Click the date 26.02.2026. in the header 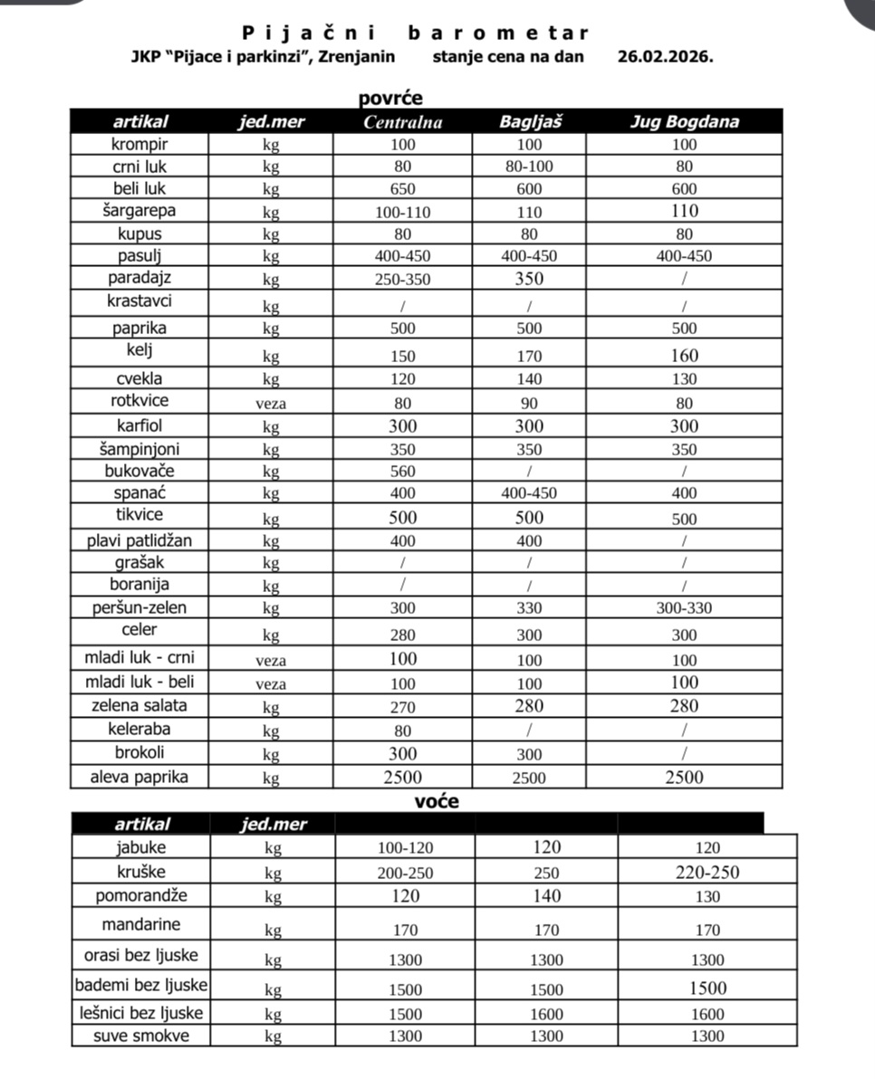click(665, 55)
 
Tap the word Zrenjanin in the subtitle click(355, 55)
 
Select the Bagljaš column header click(530, 121)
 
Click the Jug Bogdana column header click(684, 121)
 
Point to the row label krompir click(139, 144)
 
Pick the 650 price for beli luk click(403, 189)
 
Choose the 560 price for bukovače click(403, 471)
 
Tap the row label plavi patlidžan click(139, 540)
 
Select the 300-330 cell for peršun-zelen click(684, 608)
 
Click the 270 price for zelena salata click(403, 706)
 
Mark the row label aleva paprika click(139, 776)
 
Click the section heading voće click(437, 801)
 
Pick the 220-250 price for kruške click(707, 873)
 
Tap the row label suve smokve click(141, 1036)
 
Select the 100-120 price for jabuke click(406, 848)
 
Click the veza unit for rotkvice click(271, 404)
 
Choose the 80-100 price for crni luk click(530, 167)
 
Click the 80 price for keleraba click(403, 730)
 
